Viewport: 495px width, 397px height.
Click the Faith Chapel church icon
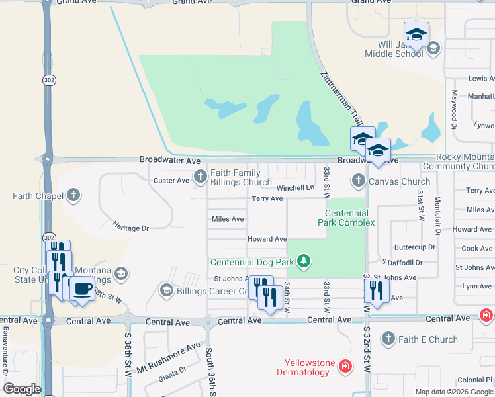[73, 195]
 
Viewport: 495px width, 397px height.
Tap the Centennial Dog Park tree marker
[304, 261]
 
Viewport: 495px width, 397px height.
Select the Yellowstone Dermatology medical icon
[344, 366]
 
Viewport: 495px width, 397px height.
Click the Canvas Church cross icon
[358, 180]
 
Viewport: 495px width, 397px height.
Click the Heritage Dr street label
[131, 228]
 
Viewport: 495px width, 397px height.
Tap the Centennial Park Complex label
[349, 218]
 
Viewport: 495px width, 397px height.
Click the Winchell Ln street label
[295, 187]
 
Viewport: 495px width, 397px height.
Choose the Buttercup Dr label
[415, 247]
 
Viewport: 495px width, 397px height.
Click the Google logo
[22, 388]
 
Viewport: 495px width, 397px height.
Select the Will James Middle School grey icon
[433, 48]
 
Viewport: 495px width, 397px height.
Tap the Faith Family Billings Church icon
[200, 175]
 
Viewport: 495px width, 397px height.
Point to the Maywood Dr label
[455, 110]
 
